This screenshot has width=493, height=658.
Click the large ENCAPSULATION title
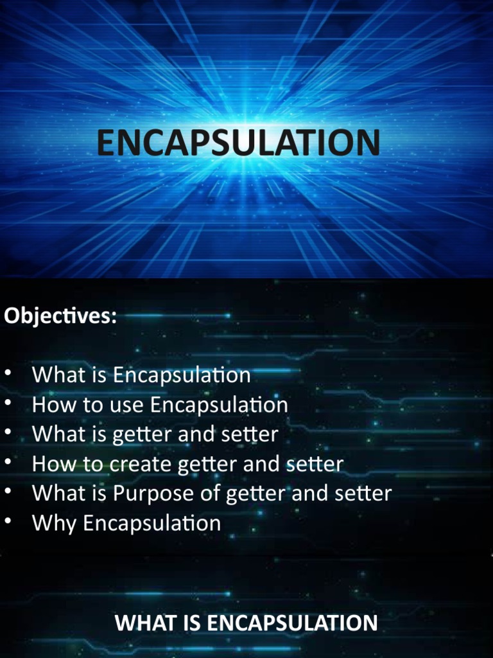pyautogui.click(x=238, y=143)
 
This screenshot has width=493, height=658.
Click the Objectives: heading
pyautogui.click(x=60, y=316)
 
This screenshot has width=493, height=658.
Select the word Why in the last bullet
pyautogui.click(x=53, y=523)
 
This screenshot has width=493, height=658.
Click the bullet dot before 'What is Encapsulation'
pyautogui.click(x=8, y=373)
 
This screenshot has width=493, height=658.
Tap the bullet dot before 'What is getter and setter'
pyautogui.click(x=8, y=432)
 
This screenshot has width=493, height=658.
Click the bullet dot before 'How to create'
pyautogui.click(x=8, y=462)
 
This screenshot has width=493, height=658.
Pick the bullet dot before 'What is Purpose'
pyautogui.click(x=8, y=492)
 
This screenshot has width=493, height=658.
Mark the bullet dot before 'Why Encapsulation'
pyautogui.click(x=8, y=521)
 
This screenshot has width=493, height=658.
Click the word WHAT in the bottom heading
pyautogui.click(x=139, y=623)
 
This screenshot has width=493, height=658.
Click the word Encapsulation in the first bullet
pyautogui.click(x=182, y=375)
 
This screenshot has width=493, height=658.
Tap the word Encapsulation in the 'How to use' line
pyautogui.click(x=220, y=405)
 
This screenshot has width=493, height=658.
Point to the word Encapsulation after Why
pyautogui.click(x=152, y=523)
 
